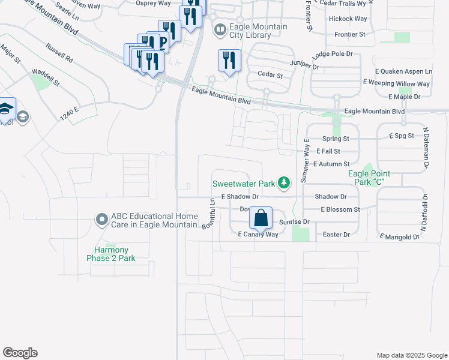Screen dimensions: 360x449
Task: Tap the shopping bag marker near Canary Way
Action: [x=261, y=218]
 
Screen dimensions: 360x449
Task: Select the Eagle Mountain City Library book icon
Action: [x=220, y=29]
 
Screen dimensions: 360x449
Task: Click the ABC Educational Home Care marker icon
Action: [x=101, y=220]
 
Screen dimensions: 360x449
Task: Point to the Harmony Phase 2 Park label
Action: [x=115, y=254]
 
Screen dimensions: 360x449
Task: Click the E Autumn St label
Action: [x=331, y=163]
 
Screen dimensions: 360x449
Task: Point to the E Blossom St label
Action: [x=340, y=209]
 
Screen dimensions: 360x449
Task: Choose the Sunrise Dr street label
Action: [x=294, y=222]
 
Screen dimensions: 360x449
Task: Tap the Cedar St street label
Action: [x=270, y=75]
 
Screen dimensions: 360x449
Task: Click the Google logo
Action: [x=20, y=353]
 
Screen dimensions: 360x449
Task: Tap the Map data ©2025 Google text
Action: [x=411, y=355]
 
